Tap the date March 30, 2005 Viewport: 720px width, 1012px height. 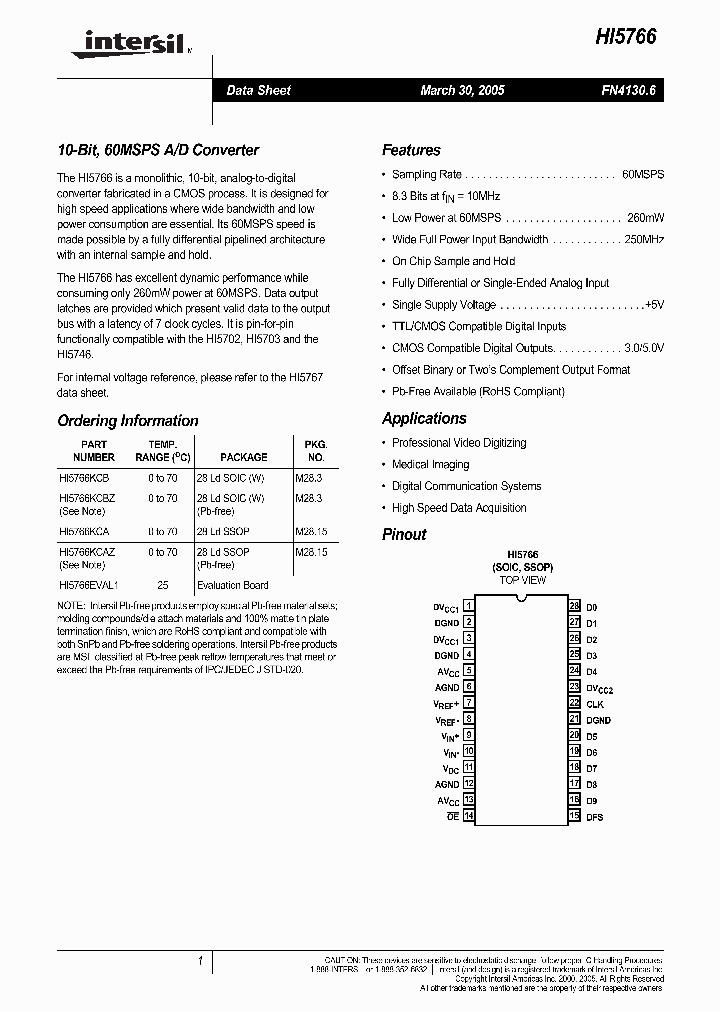tap(462, 90)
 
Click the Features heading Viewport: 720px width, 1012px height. tap(411, 150)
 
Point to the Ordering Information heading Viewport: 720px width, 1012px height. tap(128, 421)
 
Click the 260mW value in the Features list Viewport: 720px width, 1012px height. tap(645, 217)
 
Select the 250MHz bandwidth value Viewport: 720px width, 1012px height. tap(644, 239)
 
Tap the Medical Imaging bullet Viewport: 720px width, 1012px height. tap(431, 464)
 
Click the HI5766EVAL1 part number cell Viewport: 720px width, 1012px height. tap(88, 585)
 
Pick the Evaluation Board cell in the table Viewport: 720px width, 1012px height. tap(232, 585)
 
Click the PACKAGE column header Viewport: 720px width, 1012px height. tap(243, 457)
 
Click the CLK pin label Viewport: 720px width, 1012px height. tap(594, 704)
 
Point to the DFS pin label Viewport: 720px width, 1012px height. tap(594, 817)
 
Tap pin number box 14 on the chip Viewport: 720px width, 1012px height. tap(468, 817)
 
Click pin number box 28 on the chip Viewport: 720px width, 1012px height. tap(574, 607)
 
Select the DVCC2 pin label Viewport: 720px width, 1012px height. tap(599, 688)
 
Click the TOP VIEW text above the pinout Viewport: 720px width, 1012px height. tap(523, 580)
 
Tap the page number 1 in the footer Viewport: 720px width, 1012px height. tap(200, 961)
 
